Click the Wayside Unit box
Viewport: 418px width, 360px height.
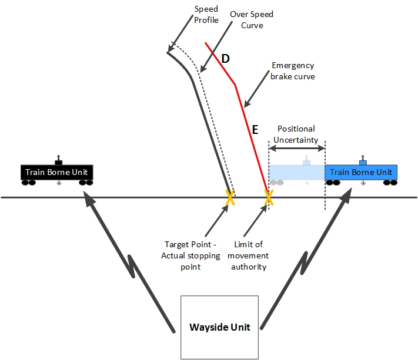click(219, 327)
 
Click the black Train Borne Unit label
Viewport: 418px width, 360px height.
click(58, 173)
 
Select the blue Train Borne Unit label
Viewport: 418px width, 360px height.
click(360, 172)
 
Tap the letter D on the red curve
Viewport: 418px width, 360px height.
click(225, 59)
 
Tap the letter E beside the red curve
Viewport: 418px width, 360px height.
click(255, 130)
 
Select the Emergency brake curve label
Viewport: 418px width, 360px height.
click(292, 71)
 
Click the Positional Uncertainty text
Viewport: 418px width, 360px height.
click(296, 134)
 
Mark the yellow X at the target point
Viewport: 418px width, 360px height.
click(230, 198)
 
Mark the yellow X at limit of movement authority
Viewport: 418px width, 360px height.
click(269, 198)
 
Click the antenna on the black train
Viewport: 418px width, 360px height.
click(58, 160)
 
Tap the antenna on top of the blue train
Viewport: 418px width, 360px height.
click(363, 160)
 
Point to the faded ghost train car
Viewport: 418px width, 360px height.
click(296, 173)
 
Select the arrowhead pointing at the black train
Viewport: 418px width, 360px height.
click(88, 198)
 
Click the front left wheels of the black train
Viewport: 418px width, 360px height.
click(28, 183)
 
